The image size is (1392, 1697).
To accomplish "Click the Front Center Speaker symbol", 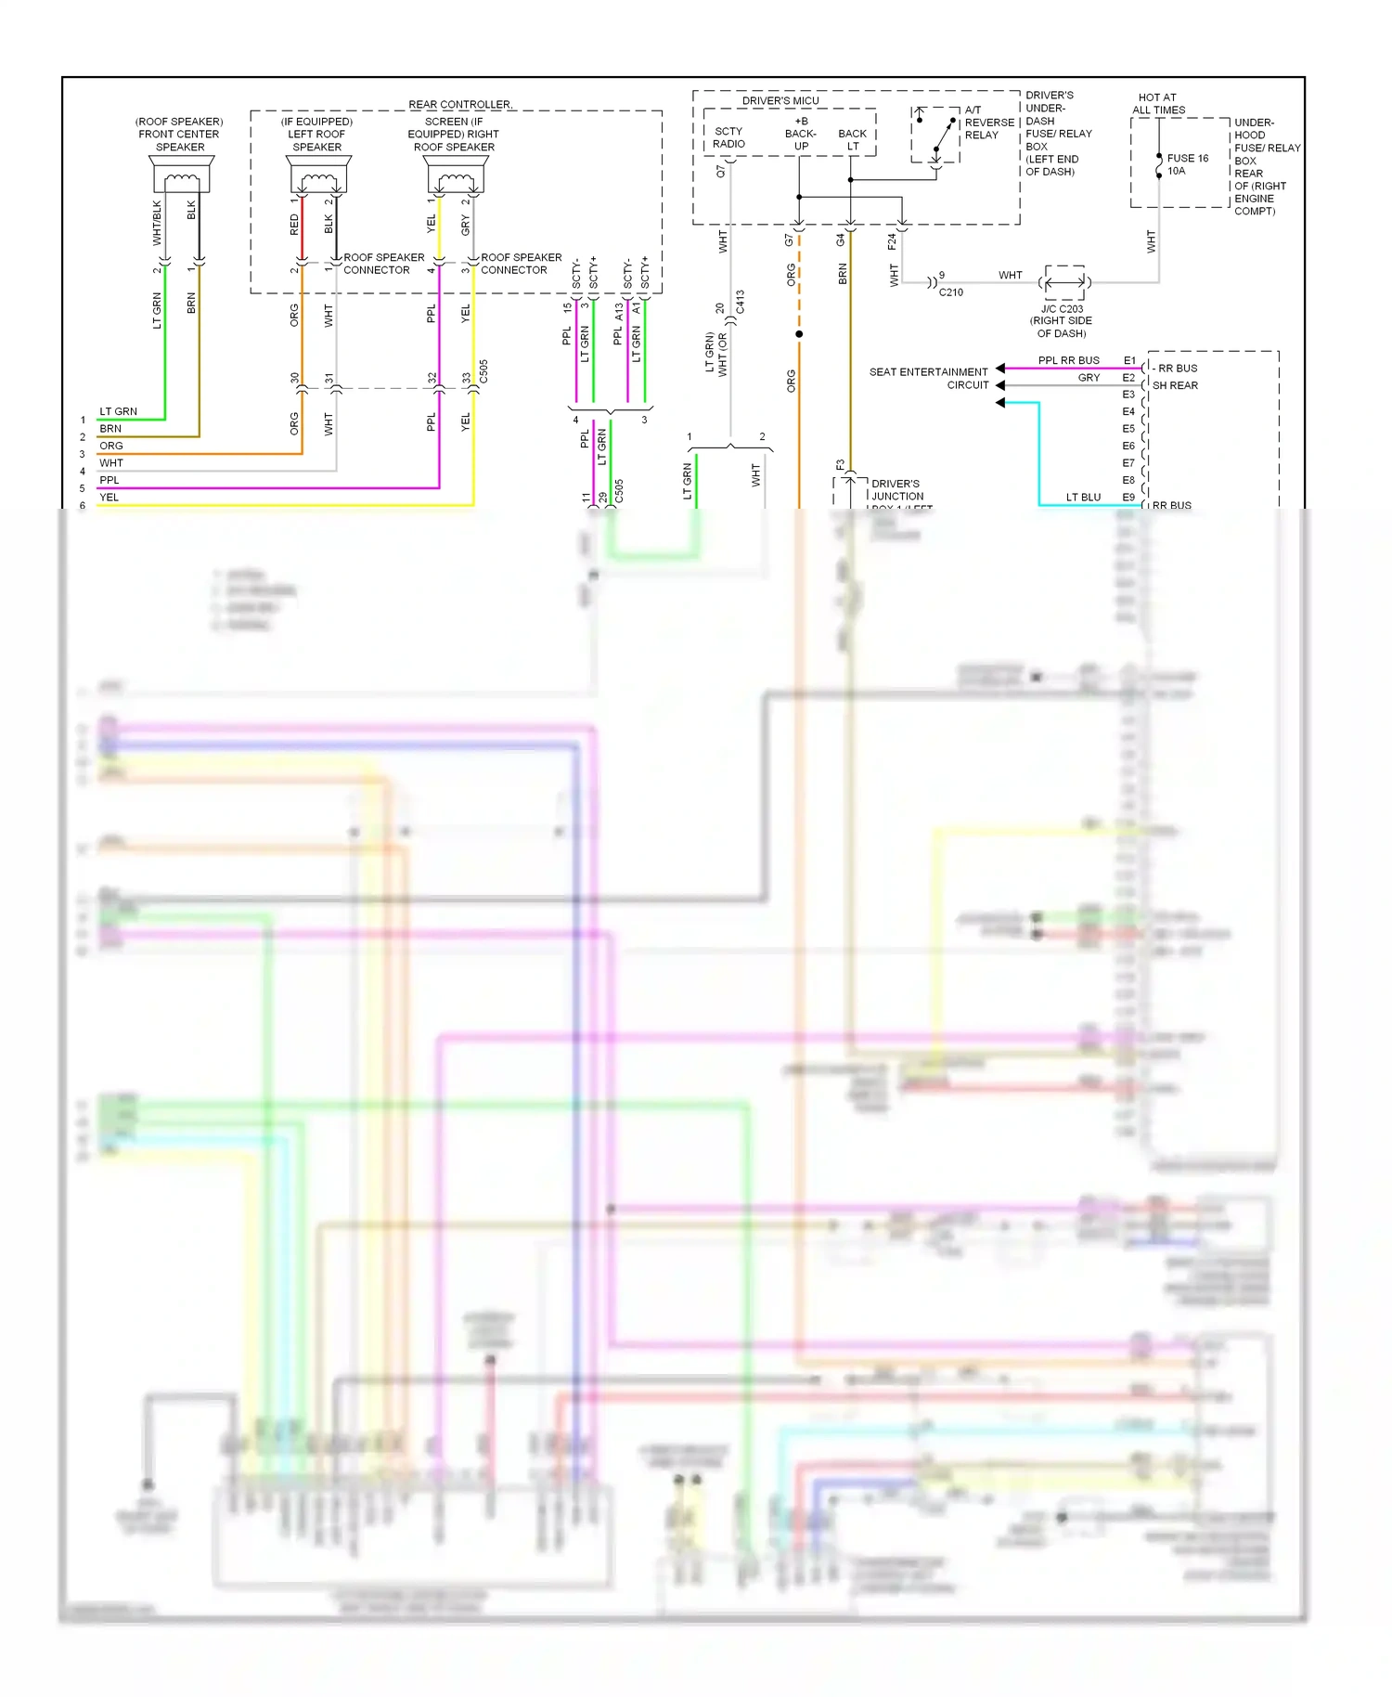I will click(181, 174).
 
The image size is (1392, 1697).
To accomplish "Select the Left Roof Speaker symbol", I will click(318, 174).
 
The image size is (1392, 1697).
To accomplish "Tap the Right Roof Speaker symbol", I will click(456, 174).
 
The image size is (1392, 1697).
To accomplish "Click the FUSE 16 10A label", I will click(1187, 164).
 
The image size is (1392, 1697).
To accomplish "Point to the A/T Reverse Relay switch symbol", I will click(936, 135).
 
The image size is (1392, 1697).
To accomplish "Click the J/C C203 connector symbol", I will click(1063, 281).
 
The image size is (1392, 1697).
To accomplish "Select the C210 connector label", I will click(950, 292).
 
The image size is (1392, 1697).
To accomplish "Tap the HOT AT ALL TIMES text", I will click(1157, 103).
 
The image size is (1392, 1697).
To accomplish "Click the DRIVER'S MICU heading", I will click(780, 100).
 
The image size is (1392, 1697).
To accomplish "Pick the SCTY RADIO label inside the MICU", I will click(728, 137).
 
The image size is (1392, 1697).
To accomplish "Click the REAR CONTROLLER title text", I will click(460, 104).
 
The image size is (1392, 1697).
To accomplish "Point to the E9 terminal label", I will click(1128, 498).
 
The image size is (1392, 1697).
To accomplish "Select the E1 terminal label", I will click(1128, 360).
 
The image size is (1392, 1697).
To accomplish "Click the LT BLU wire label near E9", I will click(1083, 498).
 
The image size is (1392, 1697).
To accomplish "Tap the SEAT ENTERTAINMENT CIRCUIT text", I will click(928, 378).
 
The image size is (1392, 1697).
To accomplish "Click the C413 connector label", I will click(740, 303).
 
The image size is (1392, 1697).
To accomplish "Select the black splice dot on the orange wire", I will click(799, 334).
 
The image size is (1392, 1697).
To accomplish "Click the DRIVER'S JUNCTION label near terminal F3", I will click(896, 490).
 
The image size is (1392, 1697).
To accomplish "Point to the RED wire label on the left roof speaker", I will click(294, 225).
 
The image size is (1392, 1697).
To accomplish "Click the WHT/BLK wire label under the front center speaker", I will click(157, 223).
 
